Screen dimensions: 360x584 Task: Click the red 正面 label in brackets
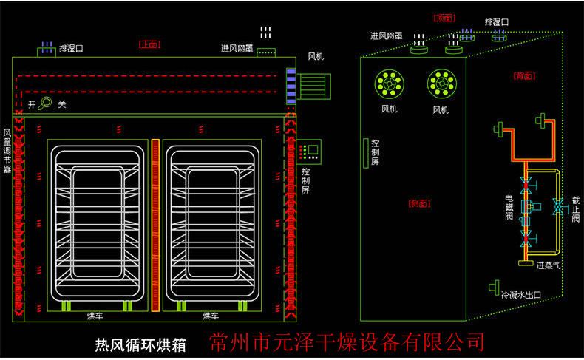click(x=149, y=44)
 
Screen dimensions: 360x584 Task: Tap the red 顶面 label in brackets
click(x=443, y=17)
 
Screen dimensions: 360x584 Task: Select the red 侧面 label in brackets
click(x=419, y=203)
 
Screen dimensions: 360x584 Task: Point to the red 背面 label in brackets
click(x=524, y=75)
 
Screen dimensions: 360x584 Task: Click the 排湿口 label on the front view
click(x=71, y=48)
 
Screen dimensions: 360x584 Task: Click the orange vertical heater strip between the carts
click(x=155, y=225)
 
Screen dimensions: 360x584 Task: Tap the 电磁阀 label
click(x=509, y=208)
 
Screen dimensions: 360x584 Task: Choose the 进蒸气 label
click(x=549, y=265)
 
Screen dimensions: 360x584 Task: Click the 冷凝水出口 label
click(x=521, y=294)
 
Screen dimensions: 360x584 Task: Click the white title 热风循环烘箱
click(x=140, y=344)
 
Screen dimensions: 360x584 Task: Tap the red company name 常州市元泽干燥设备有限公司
click(x=347, y=342)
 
